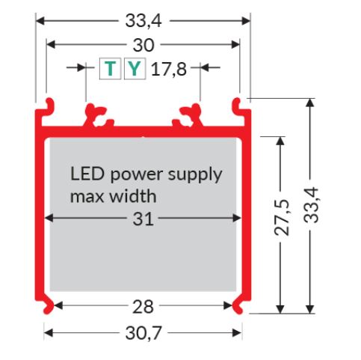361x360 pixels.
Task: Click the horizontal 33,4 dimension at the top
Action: click(x=144, y=20)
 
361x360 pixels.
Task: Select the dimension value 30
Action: click(x=144, y=45)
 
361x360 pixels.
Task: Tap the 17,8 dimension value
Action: click(x=169, y=69)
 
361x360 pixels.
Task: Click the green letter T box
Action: click(x=110, y=69)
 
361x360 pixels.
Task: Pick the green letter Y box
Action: click(x=135, y=69)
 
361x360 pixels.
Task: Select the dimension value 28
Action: click(x=143, y=307)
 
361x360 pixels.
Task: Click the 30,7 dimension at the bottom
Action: click(x=144, y=333)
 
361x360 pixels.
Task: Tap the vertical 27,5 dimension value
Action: click(x=282, y=217)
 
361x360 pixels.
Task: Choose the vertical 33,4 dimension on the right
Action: click(x=311, y=205)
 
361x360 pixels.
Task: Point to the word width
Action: click(x=133, y=196)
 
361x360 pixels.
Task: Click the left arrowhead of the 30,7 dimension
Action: click(x=49, y=333)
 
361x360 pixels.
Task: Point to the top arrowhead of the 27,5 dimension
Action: click(x=280, y=141)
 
